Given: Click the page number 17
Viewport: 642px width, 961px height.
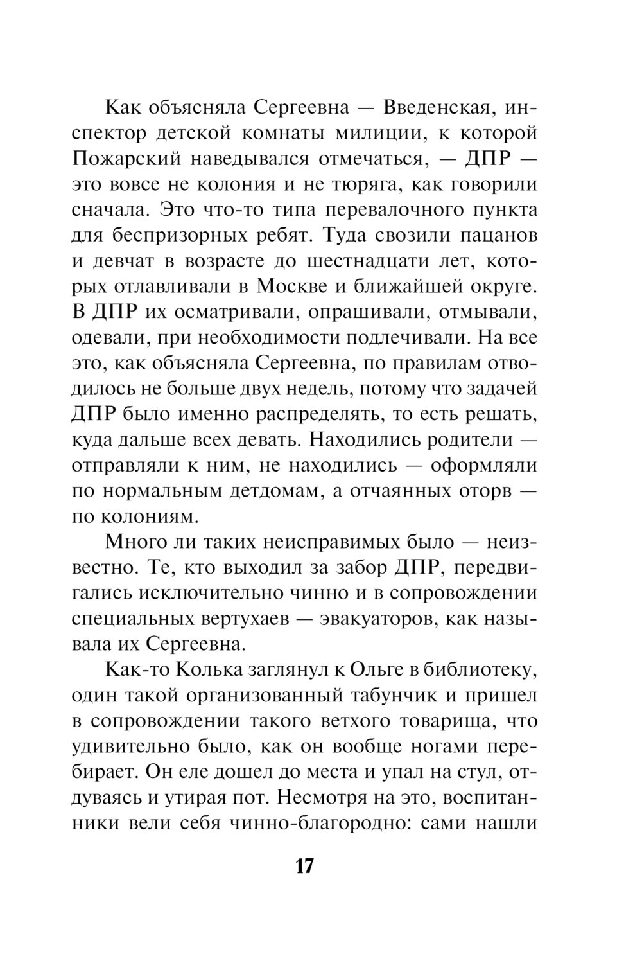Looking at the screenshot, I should (304, 866).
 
